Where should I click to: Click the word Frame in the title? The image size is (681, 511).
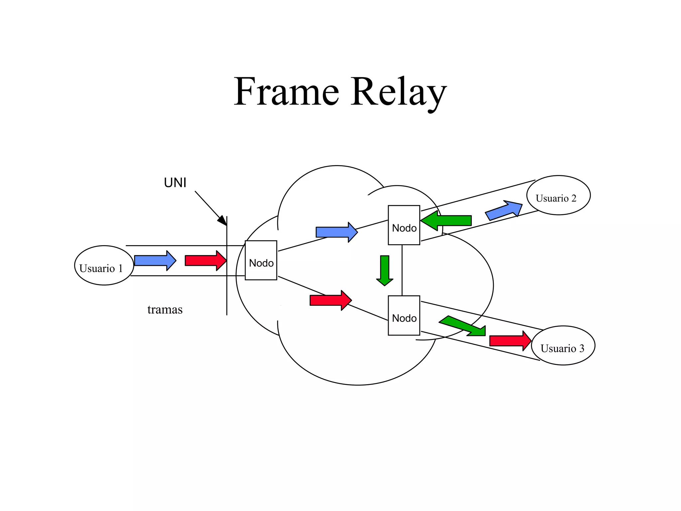(x=286, y=91)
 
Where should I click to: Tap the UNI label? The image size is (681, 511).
(x=175, y=183)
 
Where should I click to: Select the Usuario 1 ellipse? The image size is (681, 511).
(x=104, y=265)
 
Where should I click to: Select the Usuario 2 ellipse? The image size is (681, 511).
(x=558, y=195)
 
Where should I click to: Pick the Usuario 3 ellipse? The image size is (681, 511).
(x=563, y=345)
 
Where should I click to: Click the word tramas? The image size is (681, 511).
(x=165, y=310)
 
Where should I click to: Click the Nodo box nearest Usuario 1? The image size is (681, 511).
(x=261, y=260)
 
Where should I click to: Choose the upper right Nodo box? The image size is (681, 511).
(x=404, y=225)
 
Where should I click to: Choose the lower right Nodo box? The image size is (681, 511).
(x=404, y=315)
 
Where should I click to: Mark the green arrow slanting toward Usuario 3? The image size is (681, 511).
(x=464, y=326)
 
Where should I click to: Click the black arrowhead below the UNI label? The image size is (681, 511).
(x=222, y=220)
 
